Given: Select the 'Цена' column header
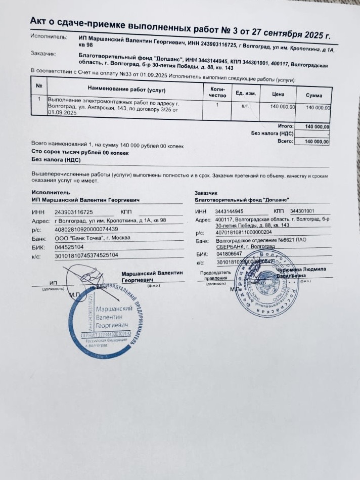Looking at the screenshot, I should pos(278,94).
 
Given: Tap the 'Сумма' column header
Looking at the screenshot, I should pos(313,95).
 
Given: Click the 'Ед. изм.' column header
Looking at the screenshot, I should pos(246,93).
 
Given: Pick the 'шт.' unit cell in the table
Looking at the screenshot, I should pos(246,106).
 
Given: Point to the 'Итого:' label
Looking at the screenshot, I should pos(286,125).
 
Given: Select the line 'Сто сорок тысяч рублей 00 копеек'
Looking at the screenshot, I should pos(80,152).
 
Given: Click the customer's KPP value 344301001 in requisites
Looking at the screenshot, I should pos(302,211).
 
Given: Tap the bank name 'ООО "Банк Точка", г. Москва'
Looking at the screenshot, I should pos(93,238).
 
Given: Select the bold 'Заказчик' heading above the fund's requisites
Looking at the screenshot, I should pos(206,193).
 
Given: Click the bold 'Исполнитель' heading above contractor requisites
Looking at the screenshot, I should pos(51,192).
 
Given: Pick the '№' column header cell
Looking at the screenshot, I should pos(39,86).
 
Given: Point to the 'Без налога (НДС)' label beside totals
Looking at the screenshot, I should pos(273,134).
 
